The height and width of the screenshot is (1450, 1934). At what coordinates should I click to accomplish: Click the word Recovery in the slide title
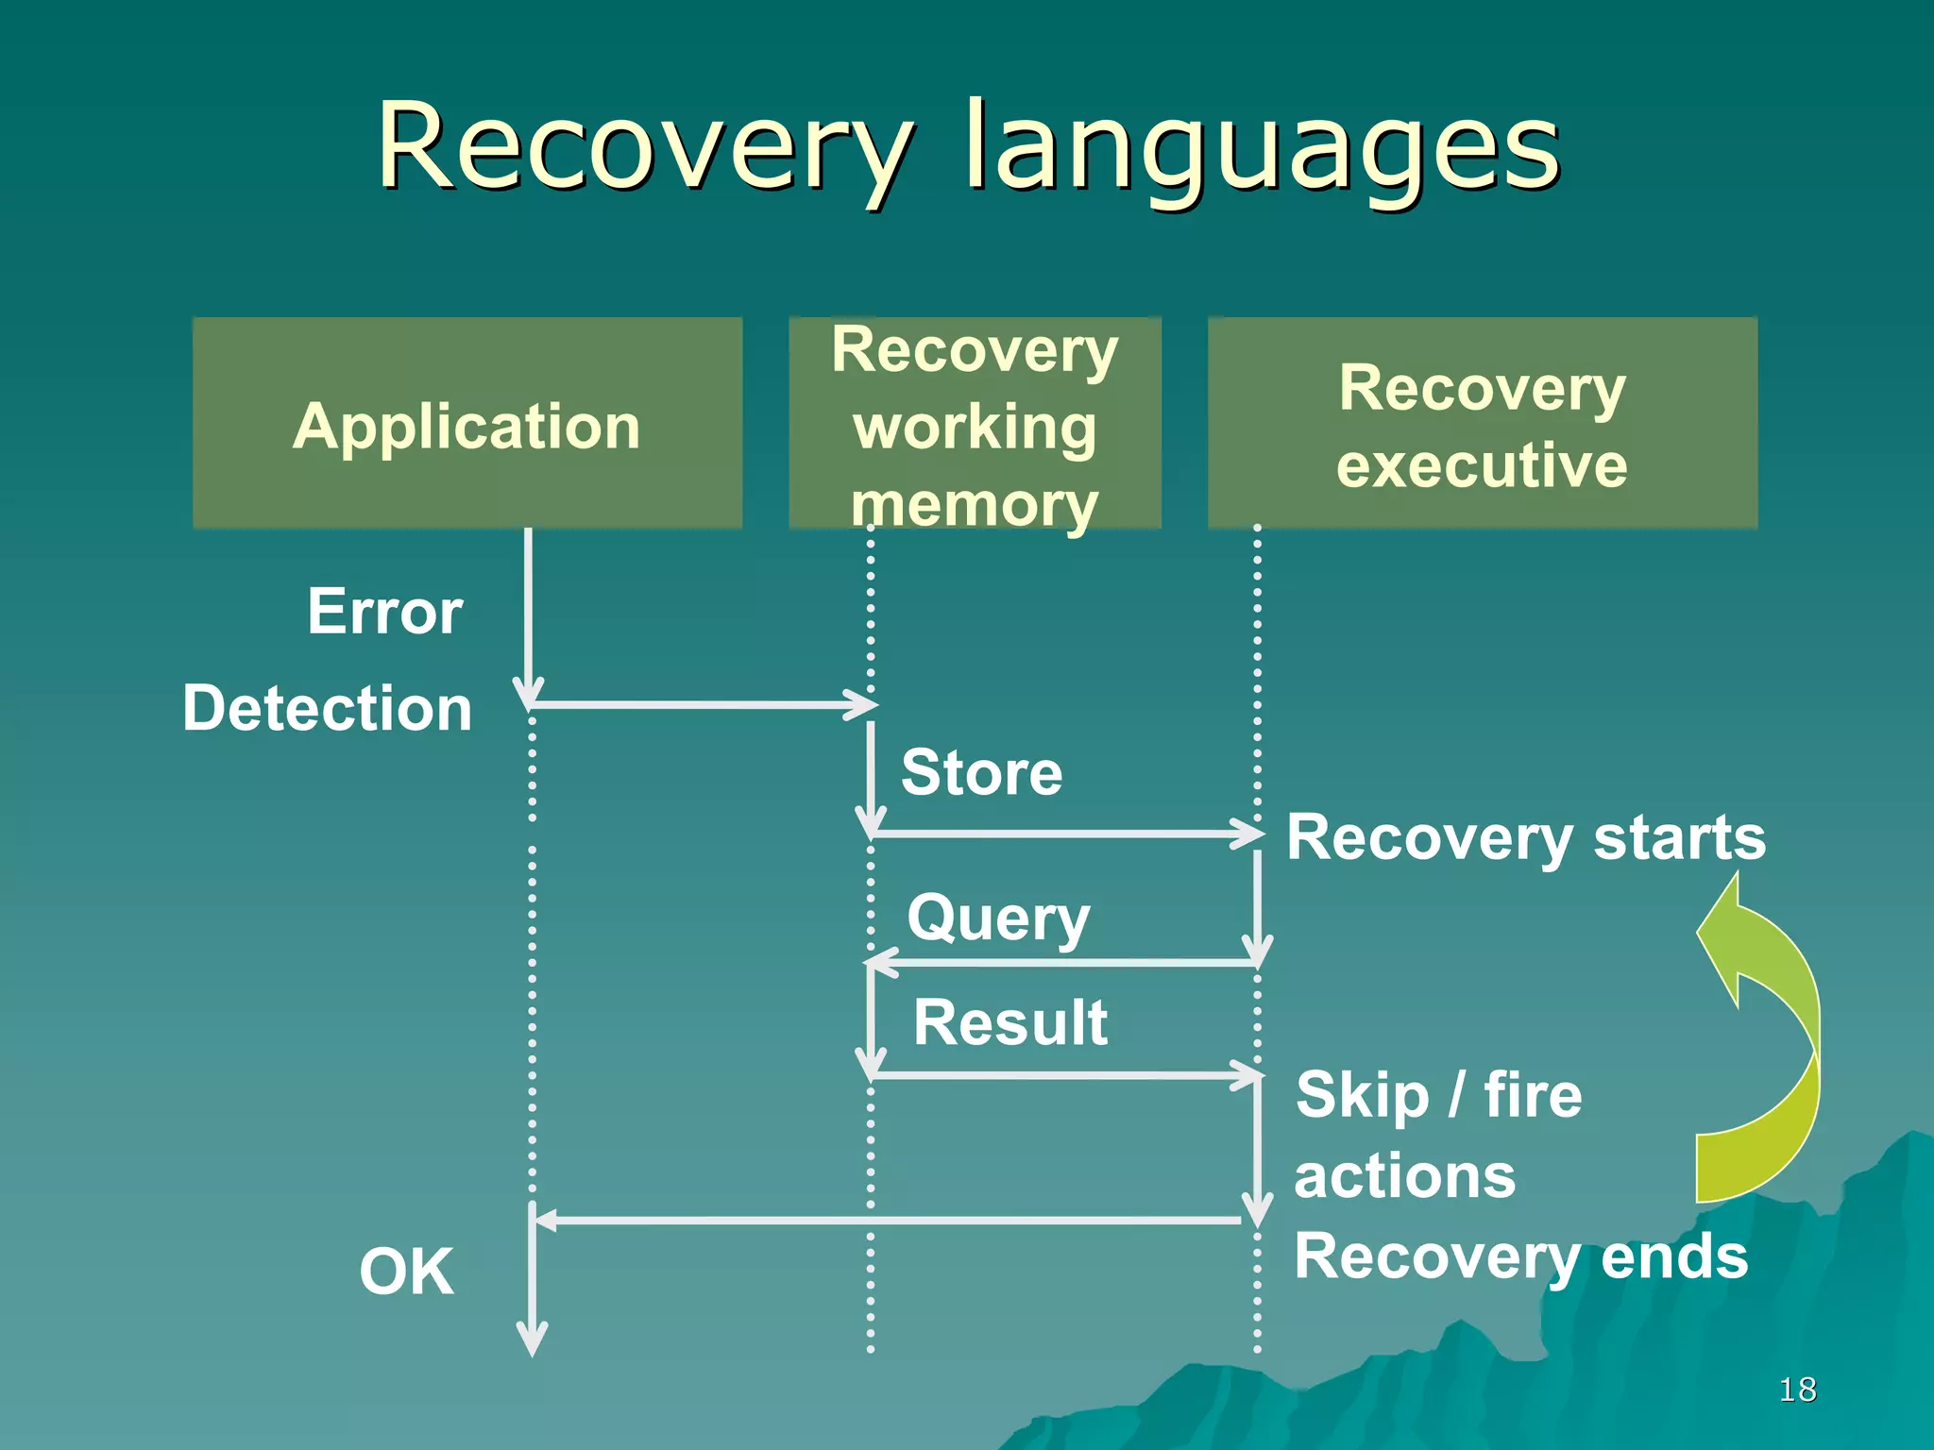[642, 149]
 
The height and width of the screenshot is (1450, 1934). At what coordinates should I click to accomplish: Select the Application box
[467, 424]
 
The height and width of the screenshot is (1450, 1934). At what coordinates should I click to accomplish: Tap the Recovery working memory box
[975, 424]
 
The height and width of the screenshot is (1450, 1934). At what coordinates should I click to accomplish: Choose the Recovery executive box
[1482, 424]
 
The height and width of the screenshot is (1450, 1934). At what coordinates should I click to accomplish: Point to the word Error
[384, 612]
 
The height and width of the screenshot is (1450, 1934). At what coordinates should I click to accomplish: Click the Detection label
[327, 708]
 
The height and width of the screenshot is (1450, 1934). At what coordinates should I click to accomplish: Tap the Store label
[981, 772]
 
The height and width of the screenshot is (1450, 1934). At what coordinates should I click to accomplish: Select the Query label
[998, 918]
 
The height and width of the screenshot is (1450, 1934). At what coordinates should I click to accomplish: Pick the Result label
[1009, 1022]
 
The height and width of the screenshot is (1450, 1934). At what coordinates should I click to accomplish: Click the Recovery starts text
[1525, 837]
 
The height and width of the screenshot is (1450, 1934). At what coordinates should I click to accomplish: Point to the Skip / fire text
[1438, 1095]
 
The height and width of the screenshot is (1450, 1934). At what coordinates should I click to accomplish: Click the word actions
[1404, 1176]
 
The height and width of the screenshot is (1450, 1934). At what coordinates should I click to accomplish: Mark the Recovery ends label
[1520, 1256]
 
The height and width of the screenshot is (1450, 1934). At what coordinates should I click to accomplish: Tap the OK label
[406, 1272]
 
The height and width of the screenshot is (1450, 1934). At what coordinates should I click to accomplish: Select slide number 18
[1797, 1390]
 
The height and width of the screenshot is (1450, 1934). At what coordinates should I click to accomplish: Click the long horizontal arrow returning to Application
[888, 1221]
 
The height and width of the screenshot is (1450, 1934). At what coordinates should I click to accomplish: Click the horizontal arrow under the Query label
[1062, 963]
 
